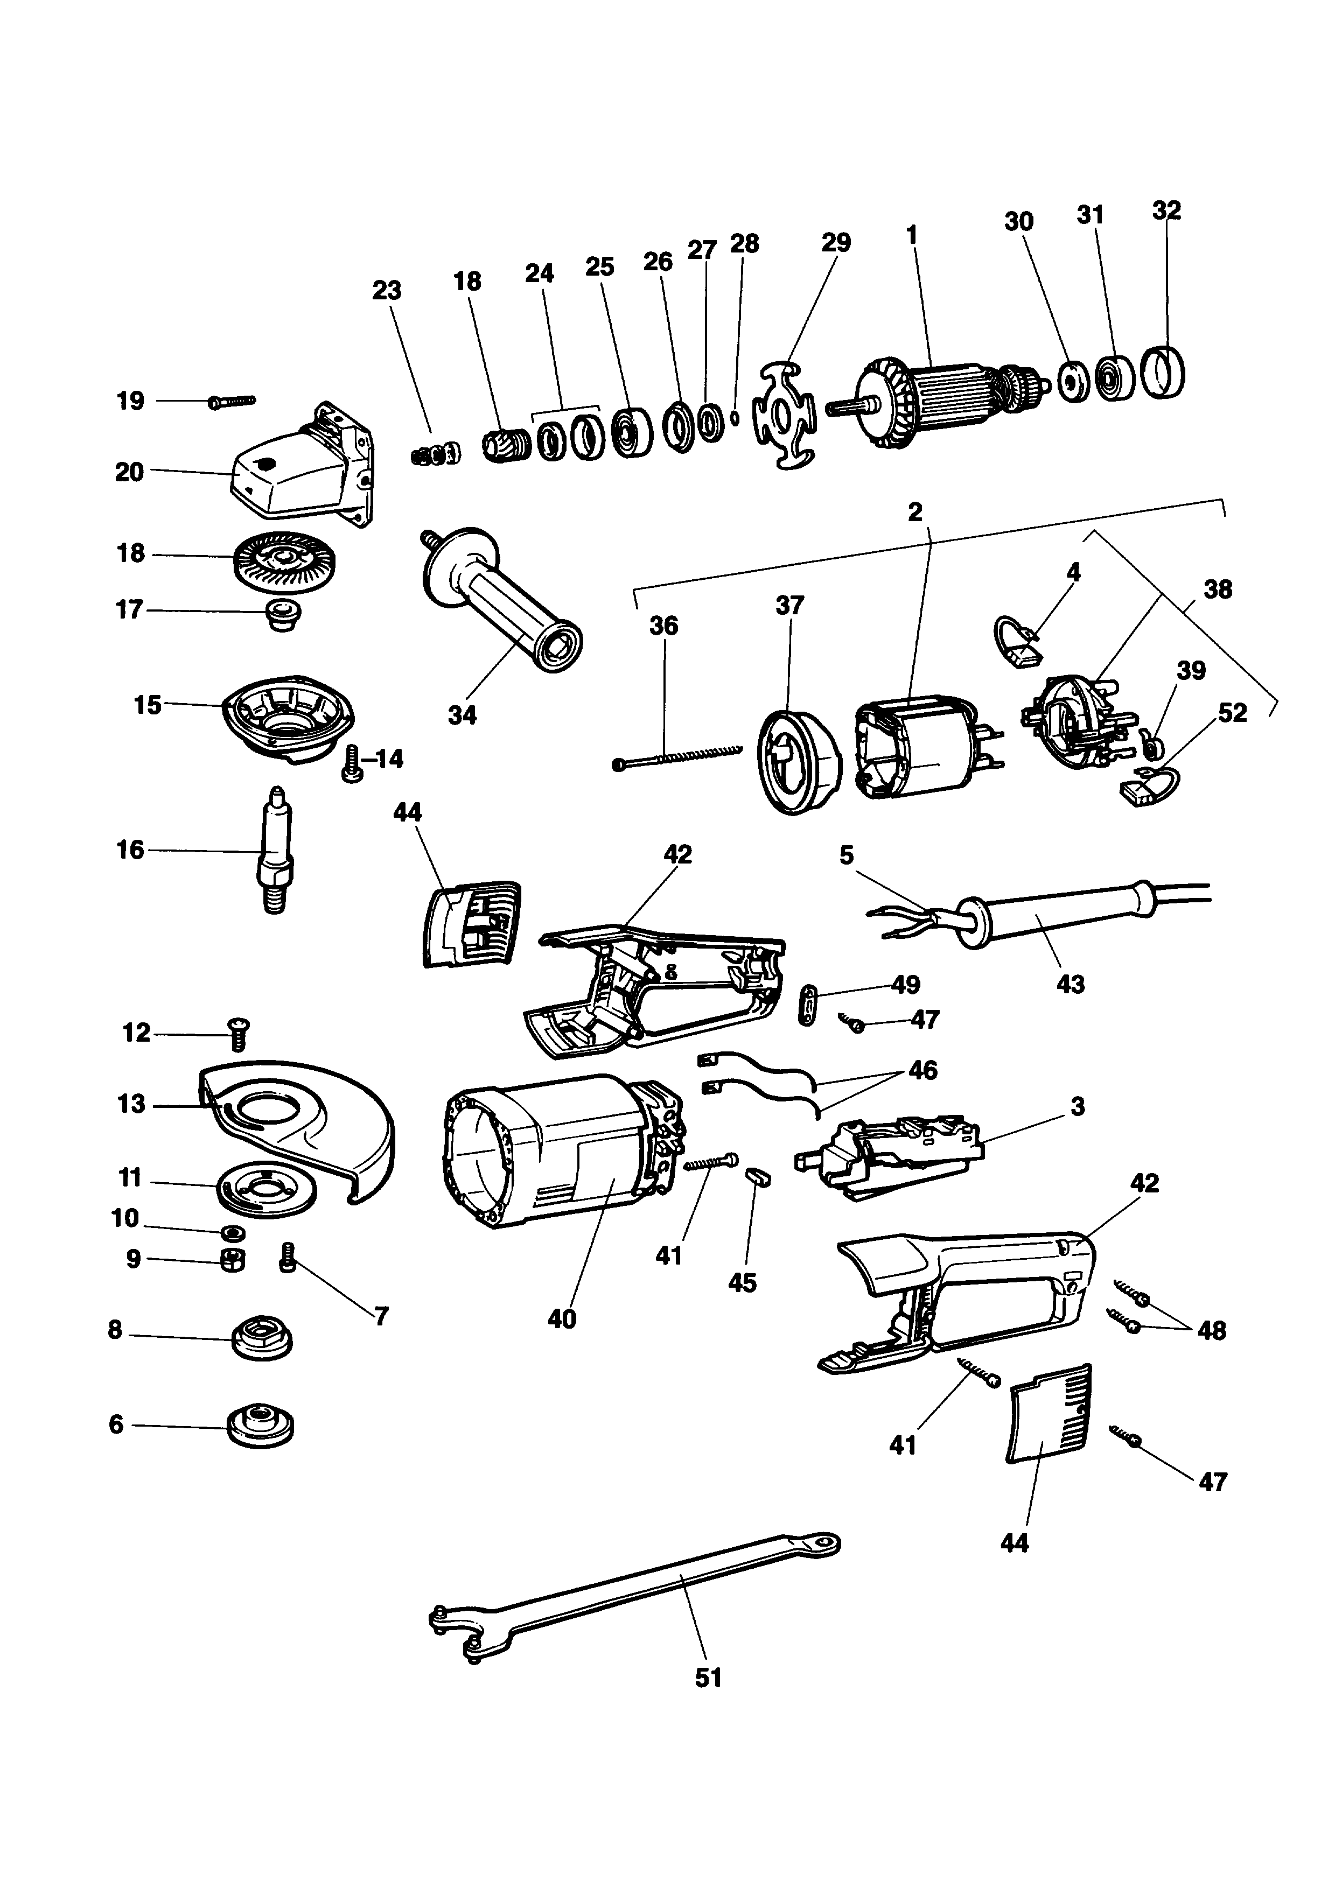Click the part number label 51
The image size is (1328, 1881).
point(708,1678)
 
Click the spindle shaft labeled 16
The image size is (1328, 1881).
point(274,851)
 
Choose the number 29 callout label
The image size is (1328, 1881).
point(836,242)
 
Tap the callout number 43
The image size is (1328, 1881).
point(1071,983)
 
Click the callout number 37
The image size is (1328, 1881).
point(789,606)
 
